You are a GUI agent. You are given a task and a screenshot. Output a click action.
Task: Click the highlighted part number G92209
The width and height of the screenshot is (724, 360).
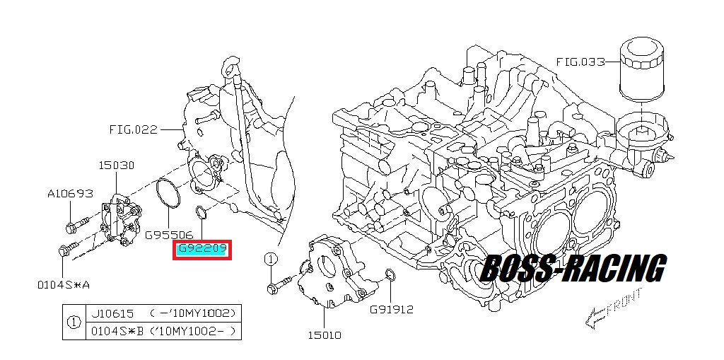202,250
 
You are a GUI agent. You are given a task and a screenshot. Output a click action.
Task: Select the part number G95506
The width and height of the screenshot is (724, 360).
169,236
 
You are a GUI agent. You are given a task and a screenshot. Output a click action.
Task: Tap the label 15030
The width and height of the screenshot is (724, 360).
117,165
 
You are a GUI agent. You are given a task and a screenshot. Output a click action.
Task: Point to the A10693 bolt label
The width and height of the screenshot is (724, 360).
70,193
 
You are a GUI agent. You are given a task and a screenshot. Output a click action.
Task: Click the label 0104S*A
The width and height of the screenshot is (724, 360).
64,284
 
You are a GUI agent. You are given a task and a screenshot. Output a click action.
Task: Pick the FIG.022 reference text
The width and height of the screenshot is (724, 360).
134,129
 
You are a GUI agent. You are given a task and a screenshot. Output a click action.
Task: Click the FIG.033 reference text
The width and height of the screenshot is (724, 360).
580,62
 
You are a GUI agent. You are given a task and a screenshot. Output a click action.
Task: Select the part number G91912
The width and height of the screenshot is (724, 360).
391,309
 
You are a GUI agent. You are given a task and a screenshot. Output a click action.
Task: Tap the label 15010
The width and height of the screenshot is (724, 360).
325,335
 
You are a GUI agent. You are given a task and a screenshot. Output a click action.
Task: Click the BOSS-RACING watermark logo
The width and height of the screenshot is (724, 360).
573,269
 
